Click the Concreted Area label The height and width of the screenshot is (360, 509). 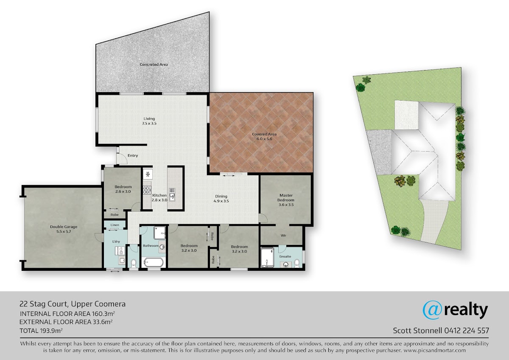(154, 65)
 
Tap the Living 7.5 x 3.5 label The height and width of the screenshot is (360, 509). (149, 121)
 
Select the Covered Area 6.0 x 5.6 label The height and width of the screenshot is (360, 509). (264, 136)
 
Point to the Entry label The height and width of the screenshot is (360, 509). (133, 155)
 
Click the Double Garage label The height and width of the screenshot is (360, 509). (64, 229)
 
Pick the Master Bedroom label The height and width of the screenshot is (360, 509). (286, 200)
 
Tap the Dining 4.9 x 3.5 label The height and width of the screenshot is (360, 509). (221, 199)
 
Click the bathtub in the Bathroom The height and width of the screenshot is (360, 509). (154, 263)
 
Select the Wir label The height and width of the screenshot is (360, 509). (283, 235)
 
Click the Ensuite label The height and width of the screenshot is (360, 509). (285, 256)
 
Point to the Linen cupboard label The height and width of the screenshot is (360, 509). (115, 225)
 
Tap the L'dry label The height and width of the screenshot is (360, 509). (116, 242)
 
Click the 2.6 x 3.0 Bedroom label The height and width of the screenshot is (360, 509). (123, 189)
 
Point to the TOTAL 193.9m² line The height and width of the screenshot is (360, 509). (41, 330)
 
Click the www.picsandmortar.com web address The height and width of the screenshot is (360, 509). (435, 351)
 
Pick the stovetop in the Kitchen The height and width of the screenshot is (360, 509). (147, 190)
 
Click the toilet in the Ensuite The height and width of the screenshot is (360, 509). (297, 264)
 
